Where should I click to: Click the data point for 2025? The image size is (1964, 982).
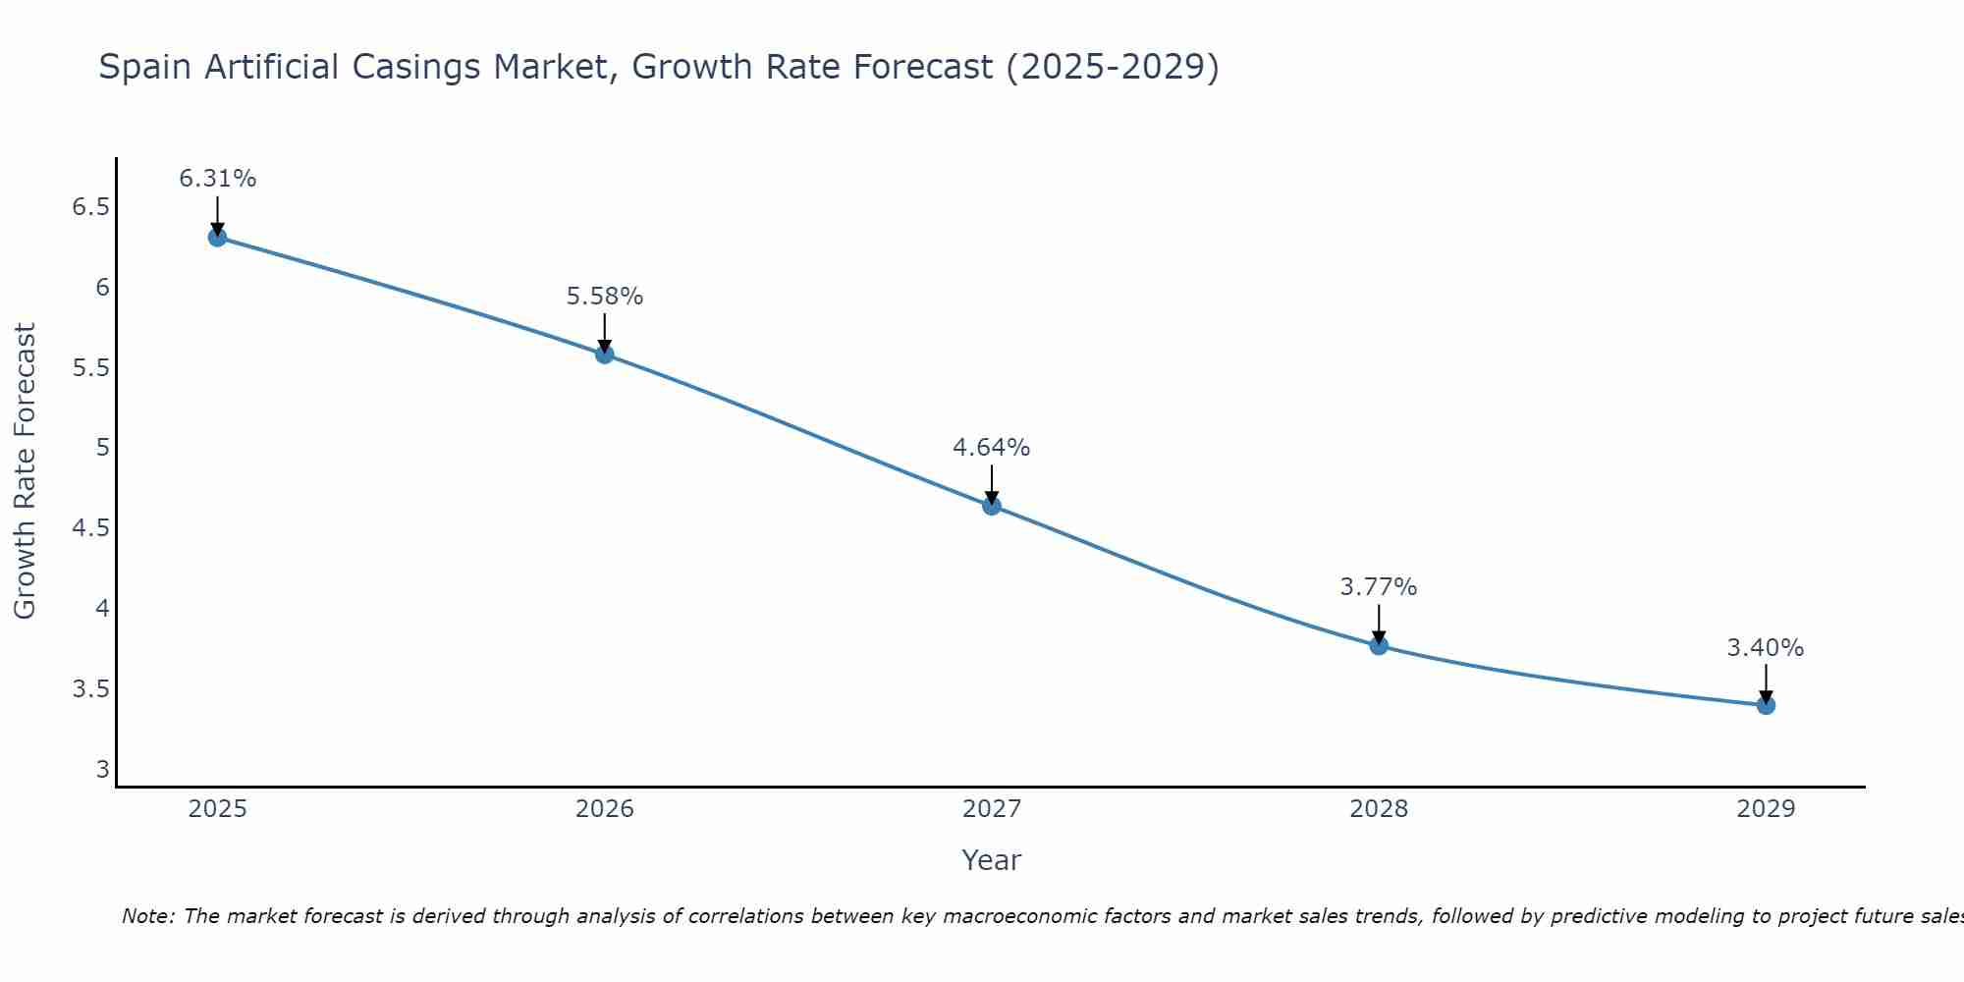click(217, 237)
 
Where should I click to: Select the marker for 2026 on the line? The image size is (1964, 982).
click(605, 354)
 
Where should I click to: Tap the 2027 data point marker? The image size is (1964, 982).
click(992, 506)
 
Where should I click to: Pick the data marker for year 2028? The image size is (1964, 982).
click(1379, 645)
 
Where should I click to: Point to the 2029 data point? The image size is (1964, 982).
click(1766, 705)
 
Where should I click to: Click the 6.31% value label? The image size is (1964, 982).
click(217, 179)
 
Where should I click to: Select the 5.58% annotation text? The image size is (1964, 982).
click(605, 296)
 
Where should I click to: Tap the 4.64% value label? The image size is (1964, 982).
click(992, 448)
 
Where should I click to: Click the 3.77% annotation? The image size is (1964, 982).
click(1379, 587)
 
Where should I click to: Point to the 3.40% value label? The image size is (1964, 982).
click(1766, 648)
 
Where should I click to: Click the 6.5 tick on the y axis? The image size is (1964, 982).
click(90, 207)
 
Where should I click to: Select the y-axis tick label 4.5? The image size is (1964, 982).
click(90, 528)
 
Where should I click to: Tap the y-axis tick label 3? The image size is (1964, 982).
click(102, 769)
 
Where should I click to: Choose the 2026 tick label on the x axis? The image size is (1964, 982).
click(605, 809)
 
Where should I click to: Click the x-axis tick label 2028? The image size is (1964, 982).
click(1379, 809)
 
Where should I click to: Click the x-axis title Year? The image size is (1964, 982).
click(992, 860)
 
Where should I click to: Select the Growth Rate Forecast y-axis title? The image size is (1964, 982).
click(26, 471)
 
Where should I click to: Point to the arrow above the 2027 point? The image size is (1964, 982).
click(992, 483)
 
